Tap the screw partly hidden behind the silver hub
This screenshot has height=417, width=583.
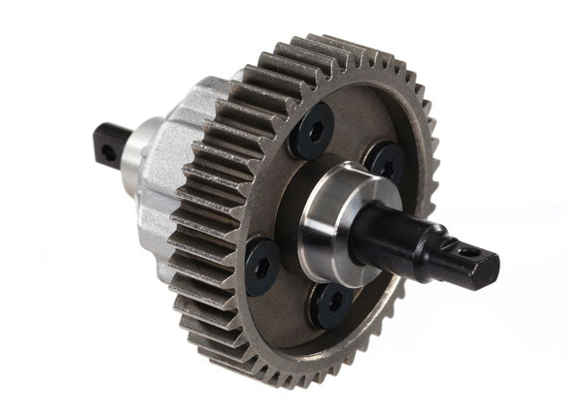click(x=386, y=161)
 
